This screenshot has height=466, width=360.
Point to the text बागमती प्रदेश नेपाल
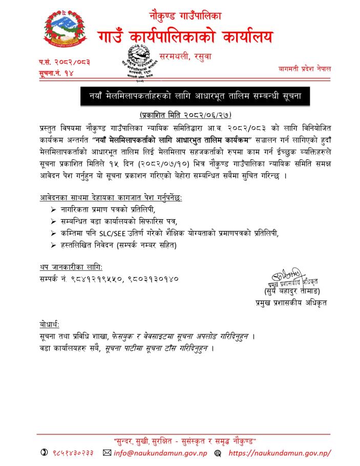305,69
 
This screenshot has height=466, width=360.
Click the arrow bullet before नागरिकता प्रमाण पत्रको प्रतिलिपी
55,210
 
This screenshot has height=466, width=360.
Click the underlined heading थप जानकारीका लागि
71,268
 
